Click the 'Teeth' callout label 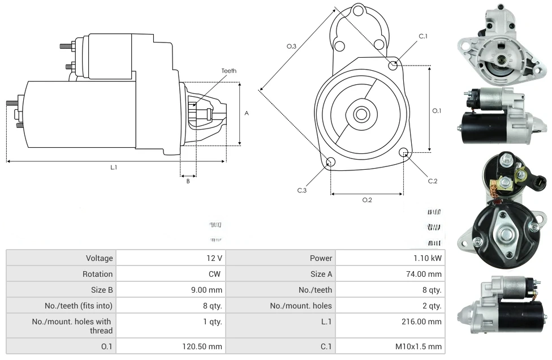(x=228, y=71)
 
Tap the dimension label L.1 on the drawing (x=113, y=167)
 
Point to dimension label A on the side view (x=247, y=113)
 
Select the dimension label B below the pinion (x=188, y=181)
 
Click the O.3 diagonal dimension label (x=292, y=46)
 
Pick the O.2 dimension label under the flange (x=367, y=200)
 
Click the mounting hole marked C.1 (x=393, y=66)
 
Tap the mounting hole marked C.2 (x=404, y=152)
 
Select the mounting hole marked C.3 (x=331, y=162)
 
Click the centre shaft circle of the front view (x=361, y=114)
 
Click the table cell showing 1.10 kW (x=429, y=258)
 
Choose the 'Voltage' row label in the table (x=100, y=258)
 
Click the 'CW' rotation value (x=216, y=274)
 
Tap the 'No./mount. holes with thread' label (x=72, y=326)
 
